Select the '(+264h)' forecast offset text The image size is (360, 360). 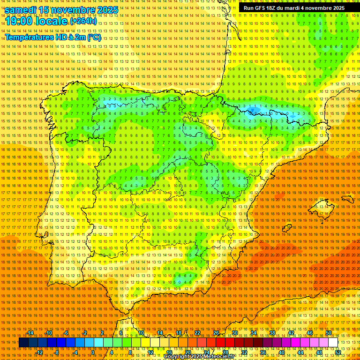[83, 21]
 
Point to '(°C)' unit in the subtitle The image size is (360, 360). [94, 37]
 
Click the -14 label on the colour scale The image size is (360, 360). [31, 333]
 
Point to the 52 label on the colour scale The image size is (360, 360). [338, 352]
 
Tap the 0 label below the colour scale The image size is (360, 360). [93, 352]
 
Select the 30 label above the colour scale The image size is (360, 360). [235, 333]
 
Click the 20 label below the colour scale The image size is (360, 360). [187, 352]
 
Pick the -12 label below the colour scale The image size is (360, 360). [39, 352]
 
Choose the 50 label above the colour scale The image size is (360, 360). [329, 333]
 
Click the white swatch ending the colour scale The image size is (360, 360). [333, 343]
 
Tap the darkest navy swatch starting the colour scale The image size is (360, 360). [23, 343]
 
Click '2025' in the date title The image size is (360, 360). [105, 10]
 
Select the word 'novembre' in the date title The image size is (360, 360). [72, 10]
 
